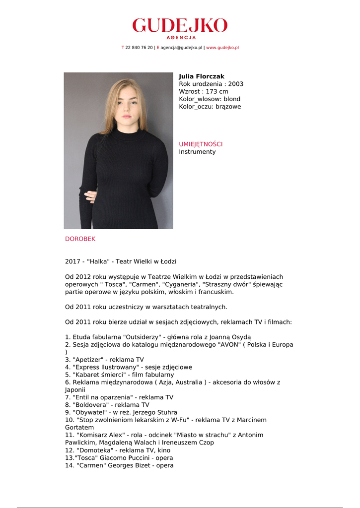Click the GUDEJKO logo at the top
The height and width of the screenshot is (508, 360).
coord(180,26)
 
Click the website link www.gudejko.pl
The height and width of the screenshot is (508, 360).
coord(222,48)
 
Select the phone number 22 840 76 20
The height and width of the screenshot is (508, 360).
coord(139,48)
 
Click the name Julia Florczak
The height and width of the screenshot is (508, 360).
coord(202,76)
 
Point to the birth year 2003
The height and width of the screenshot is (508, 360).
coord(235,84)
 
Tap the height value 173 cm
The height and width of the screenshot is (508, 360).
coord(217,91)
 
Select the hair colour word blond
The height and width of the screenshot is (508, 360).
coord(232,99)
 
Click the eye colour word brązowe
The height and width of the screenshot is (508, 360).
coord(228,106)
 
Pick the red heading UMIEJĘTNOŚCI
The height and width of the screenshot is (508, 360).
coord(201,144)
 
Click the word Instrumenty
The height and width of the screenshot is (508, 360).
coord(197,152)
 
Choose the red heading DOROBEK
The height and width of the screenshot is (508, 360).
coord(80,239)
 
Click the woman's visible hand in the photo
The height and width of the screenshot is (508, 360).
coord(91,196)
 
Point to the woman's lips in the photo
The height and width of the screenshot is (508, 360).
coord(127,117)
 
